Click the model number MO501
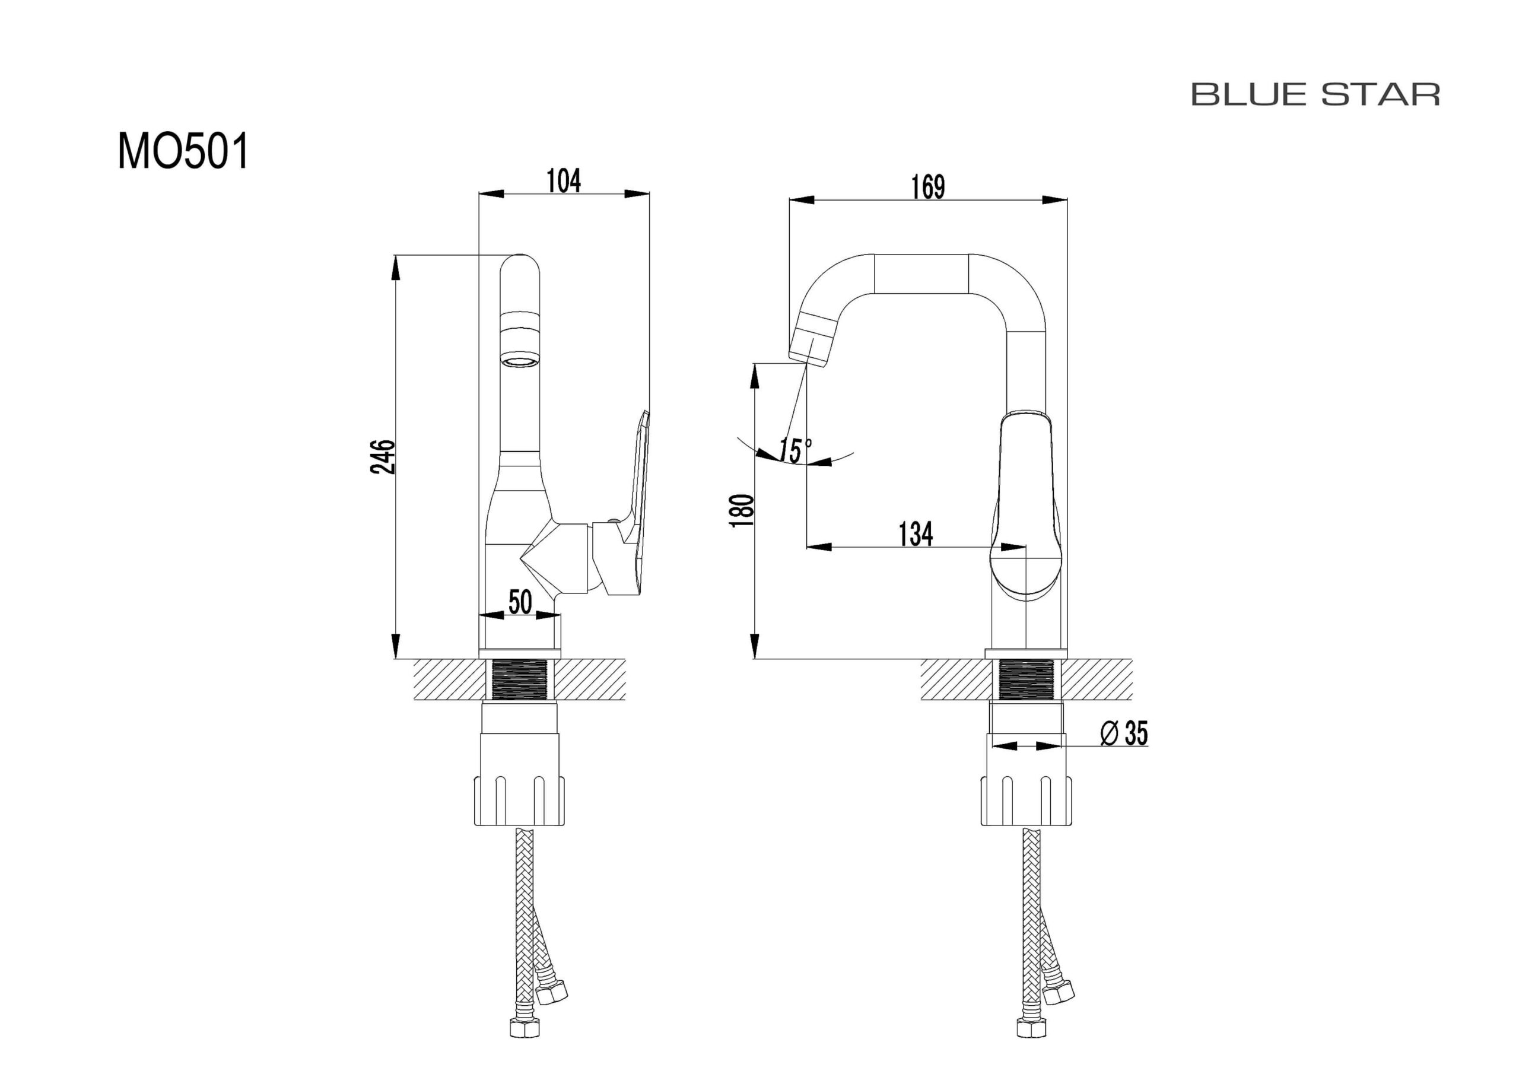(x=183, y=151)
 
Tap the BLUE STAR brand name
(x=1315, y=94)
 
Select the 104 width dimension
(x=564, y=180)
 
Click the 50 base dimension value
(x=520, y=602)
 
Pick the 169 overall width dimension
(x=927, y=186)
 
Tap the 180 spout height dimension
(x=742, y=511)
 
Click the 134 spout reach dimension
(x=916, y=534)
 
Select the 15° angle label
(x=795, y=450)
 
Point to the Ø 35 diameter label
(x=1123, y=733)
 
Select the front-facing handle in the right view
(x=1025, y=506)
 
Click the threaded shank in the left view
(x=520, y=679)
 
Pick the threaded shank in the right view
(x=1025, y=679)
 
